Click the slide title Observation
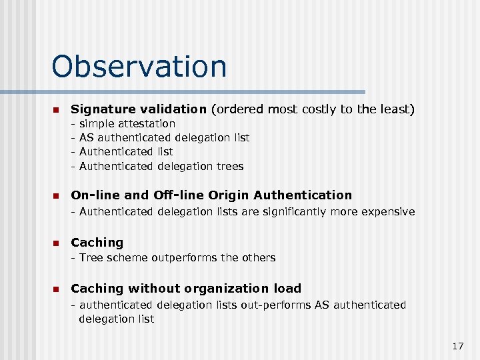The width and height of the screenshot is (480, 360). (139, 67)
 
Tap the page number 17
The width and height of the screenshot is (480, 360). (457, 345)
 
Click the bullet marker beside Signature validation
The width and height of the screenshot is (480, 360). (56, 109)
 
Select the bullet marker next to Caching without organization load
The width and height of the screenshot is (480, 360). (56, 289)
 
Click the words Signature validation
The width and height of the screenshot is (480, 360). (139, 109)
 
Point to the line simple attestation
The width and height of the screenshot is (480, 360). (127, 123)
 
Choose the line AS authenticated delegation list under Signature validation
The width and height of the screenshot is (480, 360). (164, 137)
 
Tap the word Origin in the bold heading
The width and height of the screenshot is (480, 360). (229, 195)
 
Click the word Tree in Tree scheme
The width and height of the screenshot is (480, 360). (91, 257)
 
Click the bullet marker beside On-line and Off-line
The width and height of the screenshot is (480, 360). (56, 196)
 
